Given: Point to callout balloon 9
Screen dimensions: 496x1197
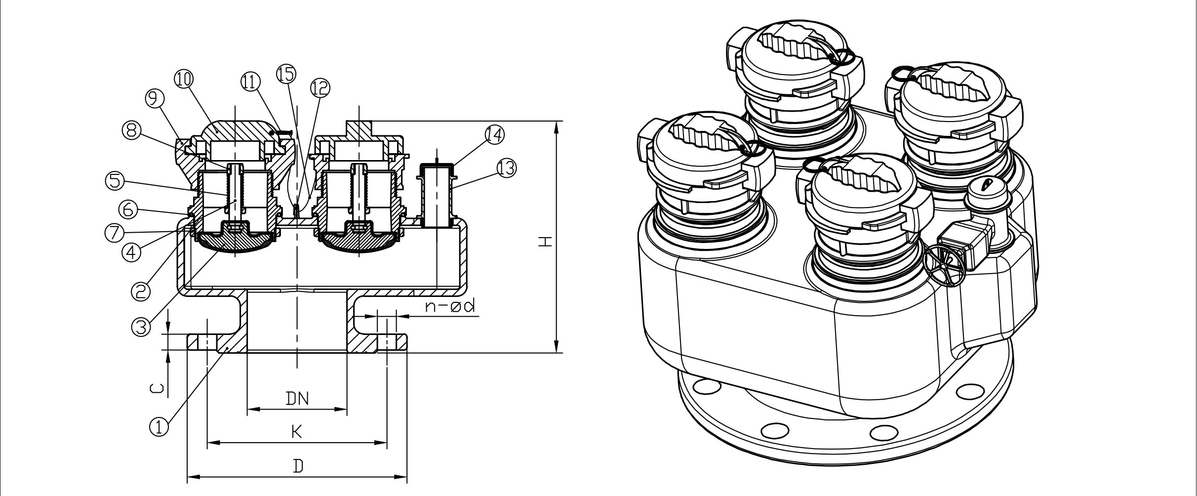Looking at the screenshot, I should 155,100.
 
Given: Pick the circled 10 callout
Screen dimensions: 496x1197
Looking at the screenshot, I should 184,79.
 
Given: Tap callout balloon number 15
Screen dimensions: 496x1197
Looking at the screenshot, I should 286,73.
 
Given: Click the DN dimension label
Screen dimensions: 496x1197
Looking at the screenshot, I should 297,398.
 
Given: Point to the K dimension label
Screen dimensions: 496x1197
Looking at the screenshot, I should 296,432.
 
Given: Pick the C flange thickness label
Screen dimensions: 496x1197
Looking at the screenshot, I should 155,389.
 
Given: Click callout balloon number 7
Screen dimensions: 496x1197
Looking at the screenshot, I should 115,233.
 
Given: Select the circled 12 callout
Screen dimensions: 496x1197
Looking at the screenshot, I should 319,88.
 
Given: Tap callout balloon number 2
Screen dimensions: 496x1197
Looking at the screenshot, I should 140,291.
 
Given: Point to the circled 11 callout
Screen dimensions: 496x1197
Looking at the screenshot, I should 250,82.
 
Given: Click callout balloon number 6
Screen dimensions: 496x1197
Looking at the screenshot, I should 128,210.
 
